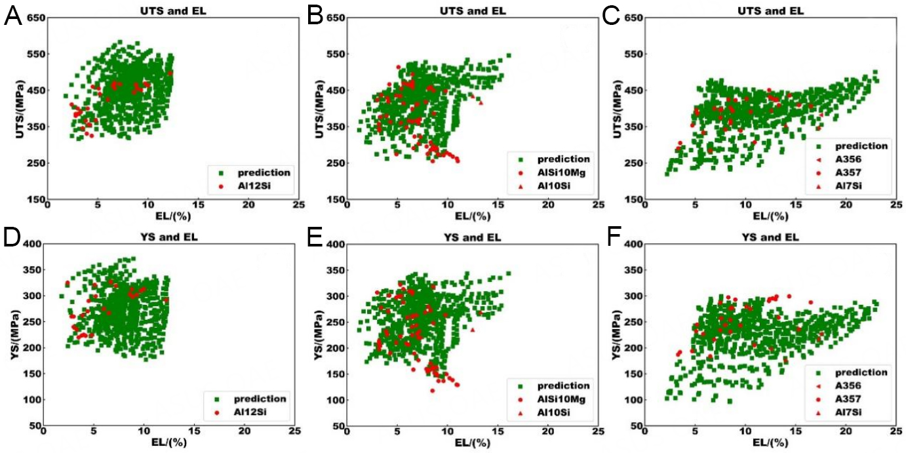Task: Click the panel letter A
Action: point(12,14)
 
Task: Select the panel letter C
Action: point(612,14)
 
